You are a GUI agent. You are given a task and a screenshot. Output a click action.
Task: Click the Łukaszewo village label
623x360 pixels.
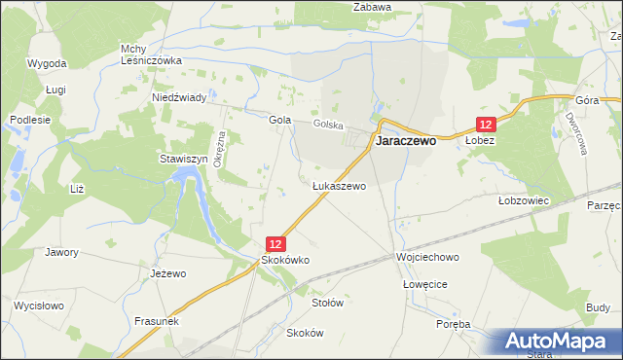pyautogui.click(x=339, y=185)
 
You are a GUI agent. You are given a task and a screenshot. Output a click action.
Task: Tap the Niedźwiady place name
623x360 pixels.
pyautogui.click(x=178, y=98)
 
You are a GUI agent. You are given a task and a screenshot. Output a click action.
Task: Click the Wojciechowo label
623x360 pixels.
pyautogui.click(x=426, y=258)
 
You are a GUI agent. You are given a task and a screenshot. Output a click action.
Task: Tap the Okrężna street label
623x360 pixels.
pyautogui.click(x=222, y=151)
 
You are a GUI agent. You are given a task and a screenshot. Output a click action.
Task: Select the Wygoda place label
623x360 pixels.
pyautogui.click(x=48, y=63)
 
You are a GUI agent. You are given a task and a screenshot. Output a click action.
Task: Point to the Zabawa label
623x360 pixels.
pyautogui.click(x=372, y=7)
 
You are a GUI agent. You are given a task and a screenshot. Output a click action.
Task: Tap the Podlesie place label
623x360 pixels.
pyautogui.click(x=23, y=119)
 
